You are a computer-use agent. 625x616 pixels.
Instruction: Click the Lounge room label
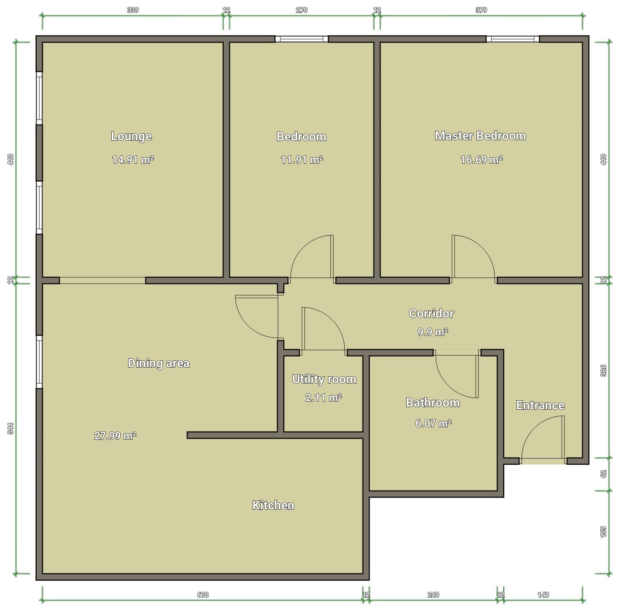coord(131,136)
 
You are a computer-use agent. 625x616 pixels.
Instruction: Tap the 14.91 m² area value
coord(133,159)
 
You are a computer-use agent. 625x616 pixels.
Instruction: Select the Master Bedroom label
coord(480,136)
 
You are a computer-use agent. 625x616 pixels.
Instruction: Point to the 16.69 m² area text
coord(481,159)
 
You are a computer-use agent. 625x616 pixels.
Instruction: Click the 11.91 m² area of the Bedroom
coord(302,159)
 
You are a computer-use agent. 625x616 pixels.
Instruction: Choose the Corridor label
coord(432,313)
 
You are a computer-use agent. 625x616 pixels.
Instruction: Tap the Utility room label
coord(324,379)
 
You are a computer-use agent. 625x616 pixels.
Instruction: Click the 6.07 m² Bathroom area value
coord(433,423)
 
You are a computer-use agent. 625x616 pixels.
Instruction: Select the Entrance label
coord(540,405)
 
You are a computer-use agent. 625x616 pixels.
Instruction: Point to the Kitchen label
coord(273,505)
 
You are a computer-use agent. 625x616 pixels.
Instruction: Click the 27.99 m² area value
coord(115,436)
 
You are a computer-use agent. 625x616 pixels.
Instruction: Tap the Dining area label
coord(159,363)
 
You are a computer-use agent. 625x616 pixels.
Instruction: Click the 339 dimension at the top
coord(133,10)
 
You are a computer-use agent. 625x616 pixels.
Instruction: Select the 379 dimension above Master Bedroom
coord(481,10)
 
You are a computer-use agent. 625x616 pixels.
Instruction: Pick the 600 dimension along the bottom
coord(203,595)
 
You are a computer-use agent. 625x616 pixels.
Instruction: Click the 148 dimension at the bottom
coord(543,595)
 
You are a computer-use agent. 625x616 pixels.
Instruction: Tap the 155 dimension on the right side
coord(603,532)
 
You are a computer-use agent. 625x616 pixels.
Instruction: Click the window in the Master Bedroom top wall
coord(512,39)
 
